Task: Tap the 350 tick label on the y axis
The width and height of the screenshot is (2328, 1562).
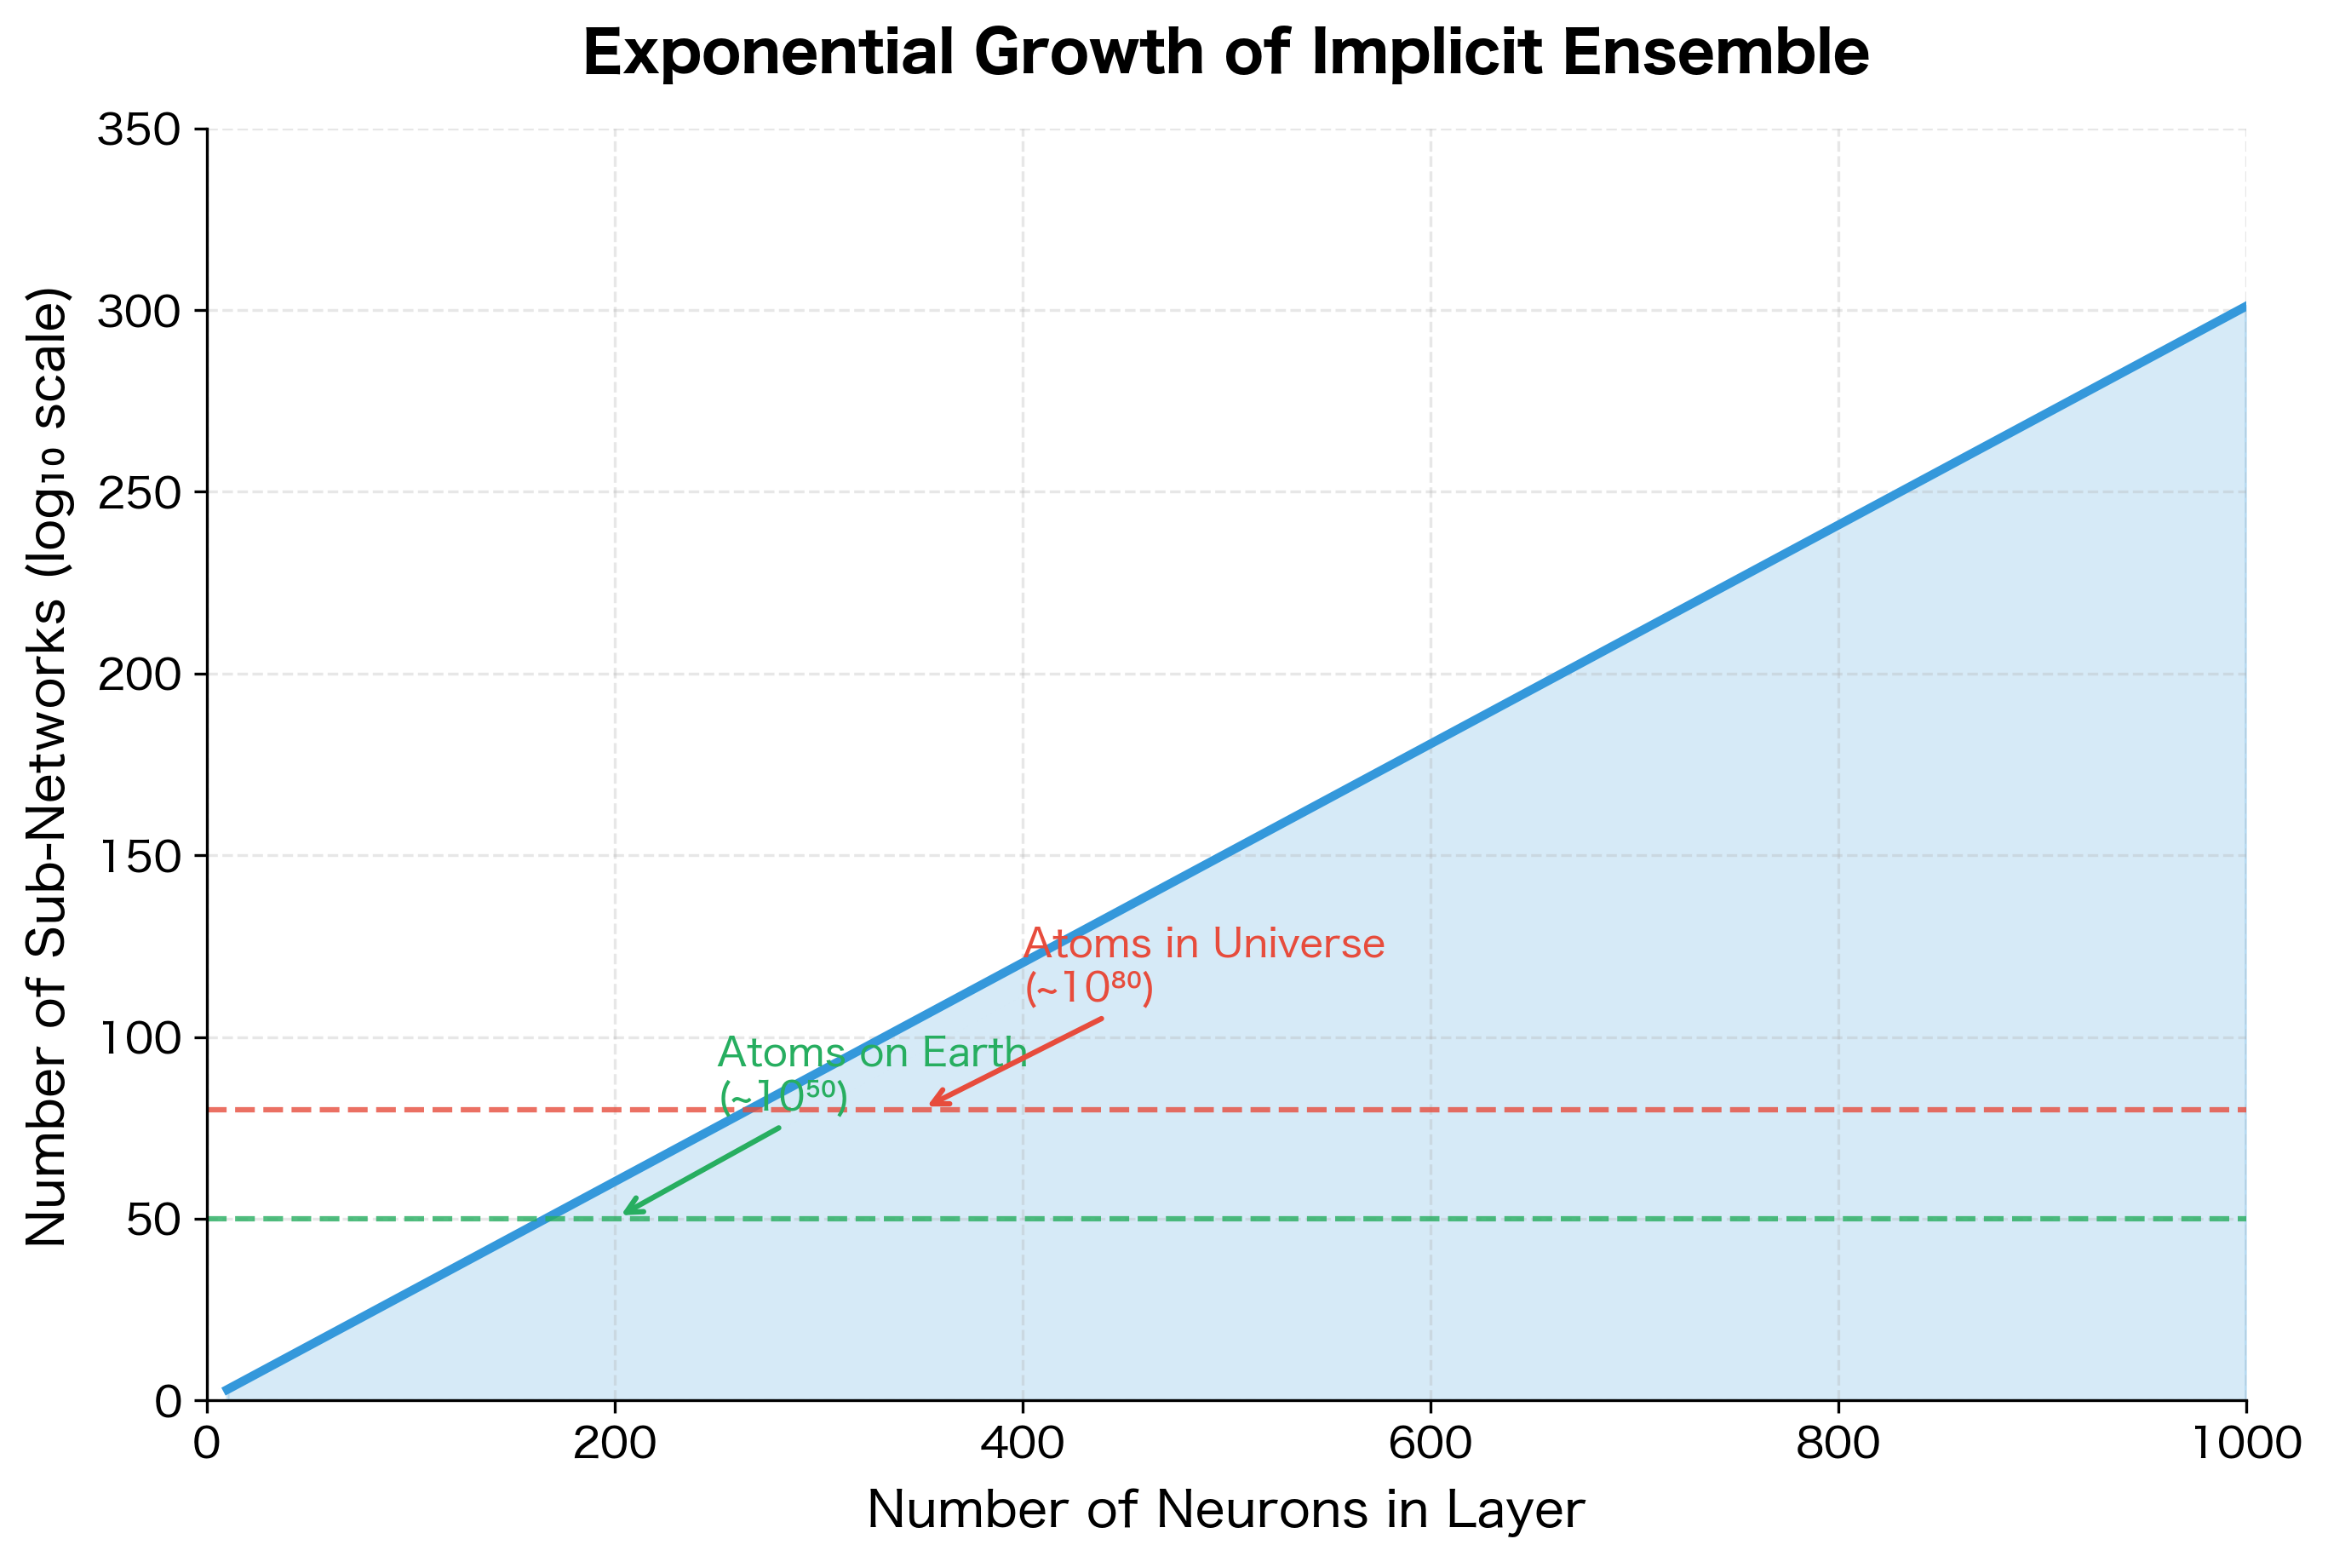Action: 140,129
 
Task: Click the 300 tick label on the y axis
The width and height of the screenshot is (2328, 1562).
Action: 140,312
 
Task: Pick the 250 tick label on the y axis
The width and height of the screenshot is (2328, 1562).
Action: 140,493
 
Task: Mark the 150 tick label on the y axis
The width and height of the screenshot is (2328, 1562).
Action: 140,857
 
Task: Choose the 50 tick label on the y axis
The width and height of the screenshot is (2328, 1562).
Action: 154,1220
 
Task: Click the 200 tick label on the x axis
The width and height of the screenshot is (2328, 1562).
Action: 615,1444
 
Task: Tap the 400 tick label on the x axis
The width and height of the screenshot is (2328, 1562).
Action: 1023,1444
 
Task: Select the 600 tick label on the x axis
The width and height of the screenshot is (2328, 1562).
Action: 1430,1444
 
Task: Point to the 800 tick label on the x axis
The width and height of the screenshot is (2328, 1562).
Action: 1838,1444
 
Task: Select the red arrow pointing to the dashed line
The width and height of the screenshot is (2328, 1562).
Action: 1016,1061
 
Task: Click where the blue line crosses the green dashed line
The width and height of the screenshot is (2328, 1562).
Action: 546,1218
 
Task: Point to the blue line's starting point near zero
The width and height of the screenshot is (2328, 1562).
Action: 226,1391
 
